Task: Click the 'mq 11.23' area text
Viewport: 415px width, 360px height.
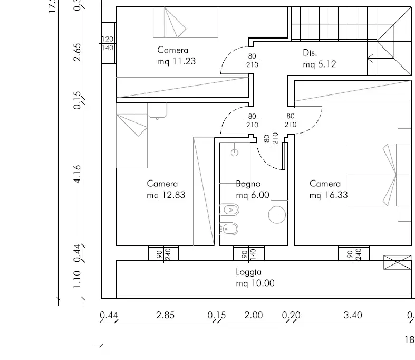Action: click(176, 61)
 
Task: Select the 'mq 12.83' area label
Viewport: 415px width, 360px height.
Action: click(166, 195)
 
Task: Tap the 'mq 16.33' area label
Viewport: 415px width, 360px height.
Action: click(329, 195)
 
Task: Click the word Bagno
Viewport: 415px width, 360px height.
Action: click(248, 184)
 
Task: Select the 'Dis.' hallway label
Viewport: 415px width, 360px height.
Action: click(310, 53)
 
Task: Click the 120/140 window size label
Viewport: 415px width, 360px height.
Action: click(108, 43)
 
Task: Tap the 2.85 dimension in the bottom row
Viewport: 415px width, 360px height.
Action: click(166, 316)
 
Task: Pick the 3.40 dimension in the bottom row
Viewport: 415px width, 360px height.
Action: click(353, 316)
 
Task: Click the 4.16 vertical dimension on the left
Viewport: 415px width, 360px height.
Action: click(77, 174)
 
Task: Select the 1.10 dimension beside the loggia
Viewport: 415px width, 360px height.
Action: click(77, 280)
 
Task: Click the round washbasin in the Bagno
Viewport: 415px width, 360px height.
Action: click(277, 214)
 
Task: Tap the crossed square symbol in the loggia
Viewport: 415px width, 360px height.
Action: click(397, 262)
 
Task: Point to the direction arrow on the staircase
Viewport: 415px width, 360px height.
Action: click(372, 58)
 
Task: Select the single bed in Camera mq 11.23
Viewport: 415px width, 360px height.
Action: click(185, 23)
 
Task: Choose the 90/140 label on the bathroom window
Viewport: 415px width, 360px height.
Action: click(248, 254)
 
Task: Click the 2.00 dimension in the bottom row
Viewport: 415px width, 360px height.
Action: click(253, 316)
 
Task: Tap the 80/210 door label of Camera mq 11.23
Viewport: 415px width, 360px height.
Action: click(252, 60)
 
